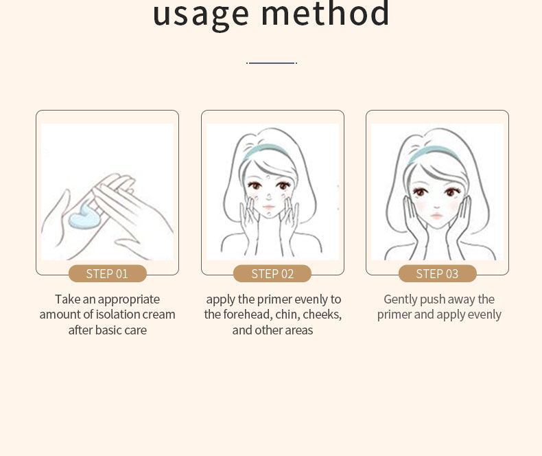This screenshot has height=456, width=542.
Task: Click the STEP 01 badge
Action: click(x=108, y=274)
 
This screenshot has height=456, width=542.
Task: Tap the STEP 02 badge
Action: click(x=272, y=274)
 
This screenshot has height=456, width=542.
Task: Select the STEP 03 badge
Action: click(x=437, y=274)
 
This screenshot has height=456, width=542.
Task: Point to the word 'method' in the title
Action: click(x=325, y=13)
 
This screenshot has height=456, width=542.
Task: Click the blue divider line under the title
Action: click(x=272, y=63)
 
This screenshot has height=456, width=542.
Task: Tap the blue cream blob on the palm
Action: click(x=84, y=216)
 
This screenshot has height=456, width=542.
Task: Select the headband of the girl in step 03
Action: click(x=432, y=152)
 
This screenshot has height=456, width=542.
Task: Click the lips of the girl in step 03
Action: click(x=436, y=216)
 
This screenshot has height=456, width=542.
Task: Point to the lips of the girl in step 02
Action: click(x=268, y=207)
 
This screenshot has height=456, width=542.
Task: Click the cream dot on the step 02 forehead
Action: click(x=268, y=177)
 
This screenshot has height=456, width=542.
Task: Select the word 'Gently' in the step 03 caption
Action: click(x=400, y=299)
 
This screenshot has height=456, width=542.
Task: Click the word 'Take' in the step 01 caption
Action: click(x=67, y=299)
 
